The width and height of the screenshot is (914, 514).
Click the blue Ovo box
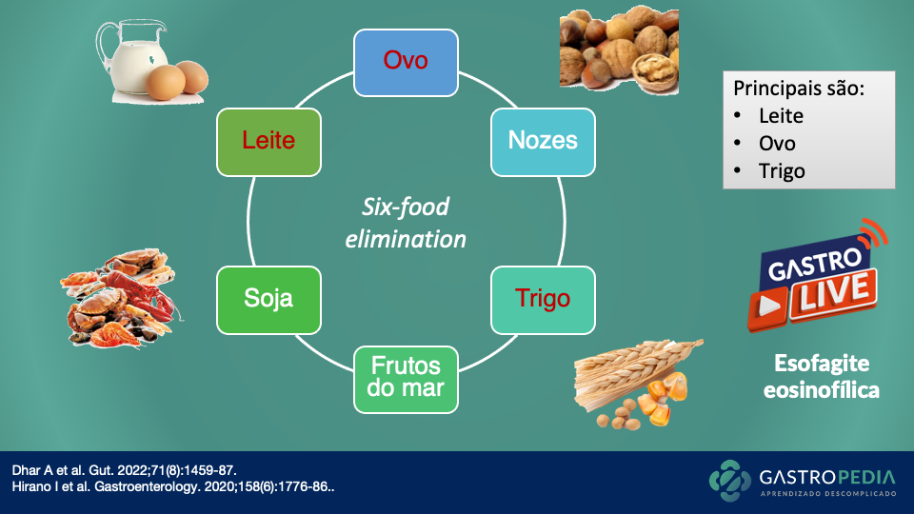click(406, 62)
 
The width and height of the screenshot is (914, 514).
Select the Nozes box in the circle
click(543, 141)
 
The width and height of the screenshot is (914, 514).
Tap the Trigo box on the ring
click(543, 299)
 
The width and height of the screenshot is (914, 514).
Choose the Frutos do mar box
click(406, 379)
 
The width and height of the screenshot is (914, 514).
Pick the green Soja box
click(268, 299)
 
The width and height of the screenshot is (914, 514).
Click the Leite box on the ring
click(268, 141)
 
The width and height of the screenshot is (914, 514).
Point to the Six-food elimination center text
click(406, 223)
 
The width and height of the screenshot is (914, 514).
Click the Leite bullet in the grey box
click(781, 116)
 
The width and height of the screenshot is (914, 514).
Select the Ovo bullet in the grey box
click(777, 144)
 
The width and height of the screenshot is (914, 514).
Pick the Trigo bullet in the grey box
click(782, 171)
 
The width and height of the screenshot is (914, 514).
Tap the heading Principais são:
click(798, 88)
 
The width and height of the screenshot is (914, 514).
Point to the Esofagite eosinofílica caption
click(822, 377)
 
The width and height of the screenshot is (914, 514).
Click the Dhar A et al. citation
click(124, 470)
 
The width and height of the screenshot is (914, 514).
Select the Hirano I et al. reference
click(172, 487)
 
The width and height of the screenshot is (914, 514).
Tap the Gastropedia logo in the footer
click(805, 481)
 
